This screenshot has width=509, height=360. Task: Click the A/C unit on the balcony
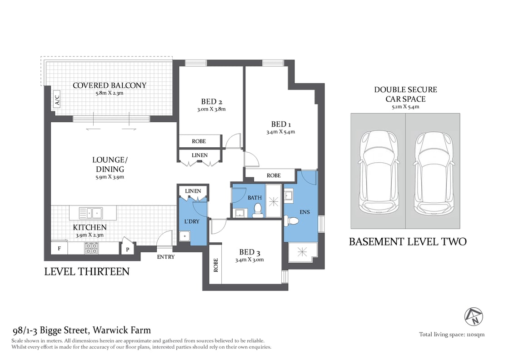(57, 100)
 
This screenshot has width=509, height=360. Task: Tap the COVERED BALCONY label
(110, 85)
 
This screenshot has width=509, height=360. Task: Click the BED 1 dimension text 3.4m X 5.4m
(280, 132)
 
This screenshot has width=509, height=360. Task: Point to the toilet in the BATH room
(258, 210)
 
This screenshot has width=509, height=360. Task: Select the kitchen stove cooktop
(91, 248)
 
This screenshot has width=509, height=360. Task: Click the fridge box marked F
(60, 249)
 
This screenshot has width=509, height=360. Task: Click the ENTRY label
(165, 257)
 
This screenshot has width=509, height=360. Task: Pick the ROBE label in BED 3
(215, 265)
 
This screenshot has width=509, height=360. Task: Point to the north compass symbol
(473, 316)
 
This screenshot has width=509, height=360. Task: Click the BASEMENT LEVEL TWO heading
(407, 242)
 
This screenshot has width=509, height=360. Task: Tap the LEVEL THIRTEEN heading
(87, 272)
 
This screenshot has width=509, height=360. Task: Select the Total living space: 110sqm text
(451, 335)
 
